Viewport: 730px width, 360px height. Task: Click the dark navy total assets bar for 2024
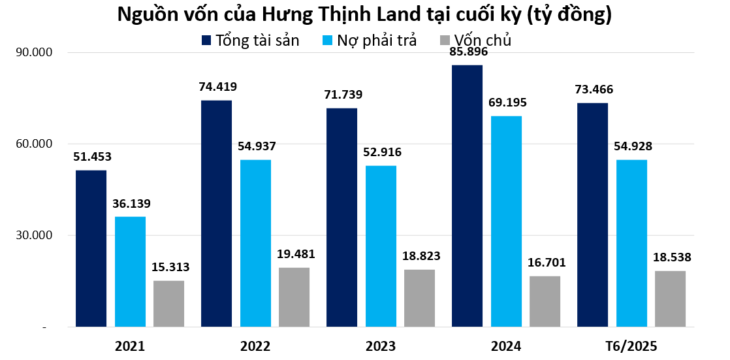(x=467, y=196)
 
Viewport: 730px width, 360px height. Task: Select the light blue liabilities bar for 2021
(x=130, y=271)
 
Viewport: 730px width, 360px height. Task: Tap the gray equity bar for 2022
(x=294, y=297)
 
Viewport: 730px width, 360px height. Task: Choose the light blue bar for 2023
(x=381, y=246)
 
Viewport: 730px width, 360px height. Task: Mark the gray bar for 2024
(x=545, y=301)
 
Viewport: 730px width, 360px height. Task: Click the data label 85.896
(x=468, y=52)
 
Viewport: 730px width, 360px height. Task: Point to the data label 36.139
(x=131, y=203)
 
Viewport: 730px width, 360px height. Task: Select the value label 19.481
(x=295, y=254)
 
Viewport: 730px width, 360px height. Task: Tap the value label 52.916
(x=382, y=152)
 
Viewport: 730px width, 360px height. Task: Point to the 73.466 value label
(x=594, y=90)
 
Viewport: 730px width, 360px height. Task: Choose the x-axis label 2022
(x=255, y=346)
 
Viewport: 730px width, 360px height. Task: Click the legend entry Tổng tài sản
(x=251, y=41)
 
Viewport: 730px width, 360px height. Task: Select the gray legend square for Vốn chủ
(x=445, y=41)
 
